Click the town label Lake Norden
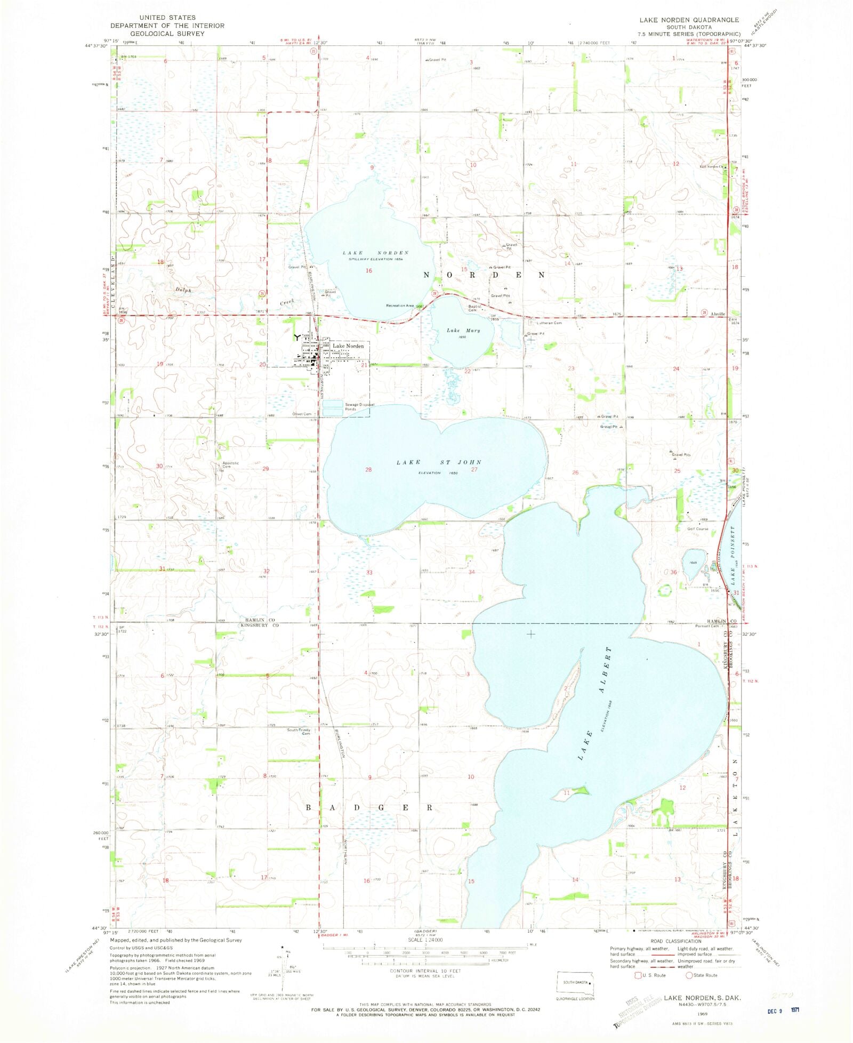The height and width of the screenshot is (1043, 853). tap(348, 346)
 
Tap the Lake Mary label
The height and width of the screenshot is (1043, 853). tap(463, 331)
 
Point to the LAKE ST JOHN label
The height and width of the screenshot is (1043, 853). tap(439, 462)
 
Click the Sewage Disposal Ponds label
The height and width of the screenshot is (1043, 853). tap(359, 406)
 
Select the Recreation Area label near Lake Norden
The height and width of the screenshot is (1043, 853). tap(400, 306)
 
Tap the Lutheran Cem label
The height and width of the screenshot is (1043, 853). tap(549, 323)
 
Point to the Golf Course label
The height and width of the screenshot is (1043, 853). tap(697, 529)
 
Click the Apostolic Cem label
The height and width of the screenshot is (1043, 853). tap(230, 464)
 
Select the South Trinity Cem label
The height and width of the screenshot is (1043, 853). tap(299, 732)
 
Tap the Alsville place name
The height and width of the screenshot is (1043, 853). tap(718, 314)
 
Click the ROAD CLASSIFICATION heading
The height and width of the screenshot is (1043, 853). tap(676, 941)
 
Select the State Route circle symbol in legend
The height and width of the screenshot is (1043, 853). tap(689, 975)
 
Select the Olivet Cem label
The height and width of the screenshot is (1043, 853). tap(301, 414)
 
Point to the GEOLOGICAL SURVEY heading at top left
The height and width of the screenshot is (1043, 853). tap(167, 33)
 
